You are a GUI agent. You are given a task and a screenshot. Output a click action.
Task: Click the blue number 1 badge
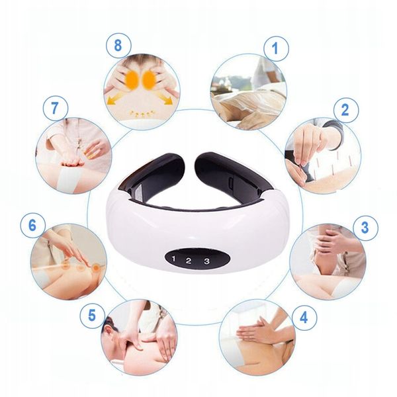click(x=276, y=48)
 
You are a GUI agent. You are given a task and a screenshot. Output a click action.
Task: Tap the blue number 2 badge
click(x=346, y=110)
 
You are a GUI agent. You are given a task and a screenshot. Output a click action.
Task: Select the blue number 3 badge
click(x=365, y=228)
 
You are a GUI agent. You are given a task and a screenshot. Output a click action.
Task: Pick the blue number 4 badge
click(x=304, y=318)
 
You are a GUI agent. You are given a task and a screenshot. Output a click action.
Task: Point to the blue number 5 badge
click(x=93, y=316)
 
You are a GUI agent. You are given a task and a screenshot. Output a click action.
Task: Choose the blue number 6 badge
click(x=33, y=226)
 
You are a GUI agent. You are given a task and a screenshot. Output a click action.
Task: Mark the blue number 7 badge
click(x=56, y=109)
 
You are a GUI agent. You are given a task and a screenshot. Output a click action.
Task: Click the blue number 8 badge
click(x=118, y=46)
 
